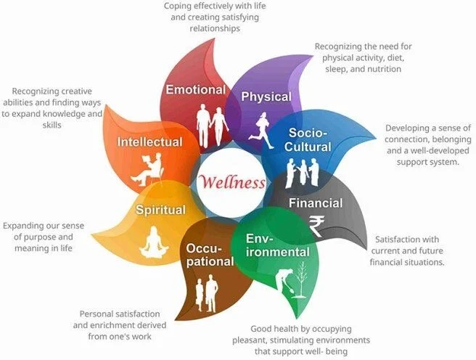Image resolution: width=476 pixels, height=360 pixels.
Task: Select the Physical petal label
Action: [266, 97]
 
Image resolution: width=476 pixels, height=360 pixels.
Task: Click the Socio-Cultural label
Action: [310, 139]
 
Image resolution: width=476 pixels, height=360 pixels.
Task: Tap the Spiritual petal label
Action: [161, 210]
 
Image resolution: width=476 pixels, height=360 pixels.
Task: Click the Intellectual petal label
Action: [150, 142]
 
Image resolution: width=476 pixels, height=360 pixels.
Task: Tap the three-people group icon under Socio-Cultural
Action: [303, 172]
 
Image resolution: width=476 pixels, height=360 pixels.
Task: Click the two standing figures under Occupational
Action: [206, 292]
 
